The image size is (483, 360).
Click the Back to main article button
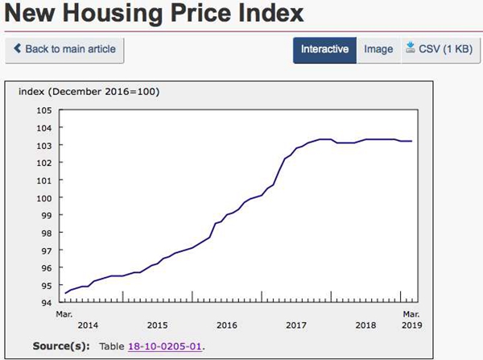64,49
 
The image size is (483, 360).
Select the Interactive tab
324,49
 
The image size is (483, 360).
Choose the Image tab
378,49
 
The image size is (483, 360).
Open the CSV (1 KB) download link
439,49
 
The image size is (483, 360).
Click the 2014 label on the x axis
87,325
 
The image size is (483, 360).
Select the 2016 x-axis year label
227,325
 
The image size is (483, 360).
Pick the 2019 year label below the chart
411,325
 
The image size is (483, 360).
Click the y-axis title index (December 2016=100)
89,91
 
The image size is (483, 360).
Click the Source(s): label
63,346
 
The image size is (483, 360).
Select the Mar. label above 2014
64,313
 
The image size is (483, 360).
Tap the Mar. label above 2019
411,313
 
